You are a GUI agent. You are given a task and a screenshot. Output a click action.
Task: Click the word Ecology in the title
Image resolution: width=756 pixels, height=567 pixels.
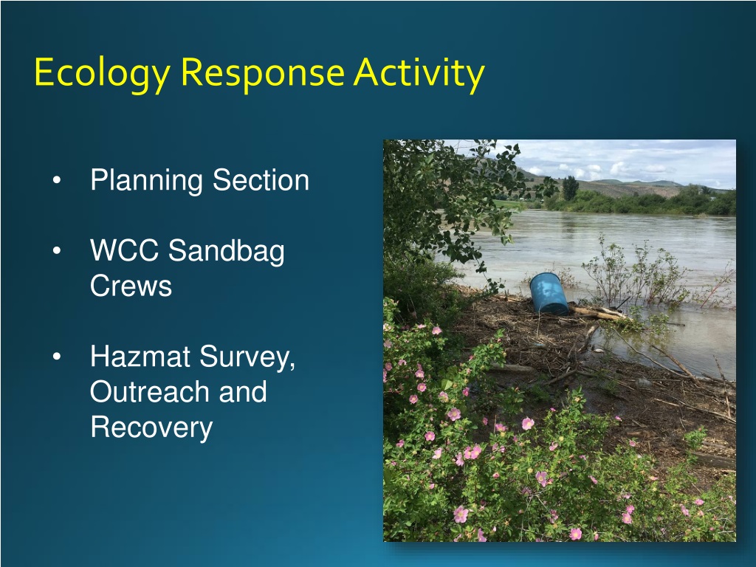[102, 73]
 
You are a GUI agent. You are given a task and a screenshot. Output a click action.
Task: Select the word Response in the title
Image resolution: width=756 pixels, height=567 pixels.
[263, 73]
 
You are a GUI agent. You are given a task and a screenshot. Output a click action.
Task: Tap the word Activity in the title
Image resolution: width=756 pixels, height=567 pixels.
[419, 73]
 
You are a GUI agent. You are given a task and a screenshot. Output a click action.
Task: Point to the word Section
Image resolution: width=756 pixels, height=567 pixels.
[261, 180]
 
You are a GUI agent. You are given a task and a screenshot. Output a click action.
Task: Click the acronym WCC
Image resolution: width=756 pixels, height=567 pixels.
[124, 250]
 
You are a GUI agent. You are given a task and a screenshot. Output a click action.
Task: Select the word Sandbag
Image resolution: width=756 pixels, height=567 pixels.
[226, 252]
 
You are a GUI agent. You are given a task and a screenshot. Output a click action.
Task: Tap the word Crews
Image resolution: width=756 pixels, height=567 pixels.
[131, 286]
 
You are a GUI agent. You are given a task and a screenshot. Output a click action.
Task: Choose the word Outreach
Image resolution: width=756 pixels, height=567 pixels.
[150, 391]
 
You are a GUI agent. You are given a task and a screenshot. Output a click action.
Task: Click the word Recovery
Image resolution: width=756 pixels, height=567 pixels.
[151, 428]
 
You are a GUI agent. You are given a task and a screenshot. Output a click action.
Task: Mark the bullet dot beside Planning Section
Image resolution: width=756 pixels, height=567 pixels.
[57, 180]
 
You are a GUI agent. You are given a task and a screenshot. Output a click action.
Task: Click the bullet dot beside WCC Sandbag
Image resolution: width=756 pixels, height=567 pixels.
[57, 251]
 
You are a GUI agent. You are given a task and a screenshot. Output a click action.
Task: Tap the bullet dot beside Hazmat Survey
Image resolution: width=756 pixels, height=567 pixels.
[57, 357]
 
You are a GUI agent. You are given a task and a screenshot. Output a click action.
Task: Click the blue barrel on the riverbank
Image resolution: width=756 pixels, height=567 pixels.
[549, 294]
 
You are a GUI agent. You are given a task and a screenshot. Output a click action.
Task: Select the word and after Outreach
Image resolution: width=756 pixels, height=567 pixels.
[243, 391]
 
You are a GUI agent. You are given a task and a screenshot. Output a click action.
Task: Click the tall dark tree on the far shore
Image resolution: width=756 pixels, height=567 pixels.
[570, 188]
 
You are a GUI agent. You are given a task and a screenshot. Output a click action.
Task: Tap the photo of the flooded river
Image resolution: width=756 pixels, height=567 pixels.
[560, 340]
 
